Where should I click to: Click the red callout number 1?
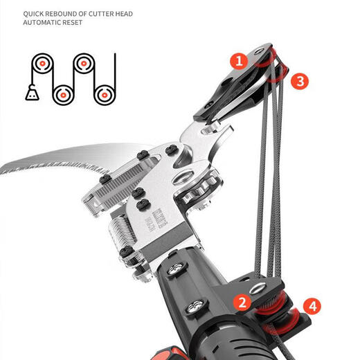click(x=239, y=61)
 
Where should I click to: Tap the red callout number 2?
click(x=241, y=302)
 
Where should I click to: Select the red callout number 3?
click(x=298, y=81)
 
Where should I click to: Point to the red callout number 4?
click(x=312, y=305)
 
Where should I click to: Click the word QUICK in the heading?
click(x=35, y=14)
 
